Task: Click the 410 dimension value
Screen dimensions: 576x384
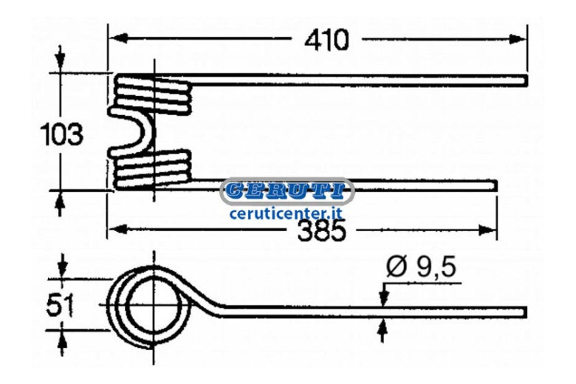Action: click(326, 40)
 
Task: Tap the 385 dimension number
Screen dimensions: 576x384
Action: click(322, 231)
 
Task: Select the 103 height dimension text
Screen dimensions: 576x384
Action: click(62, 134)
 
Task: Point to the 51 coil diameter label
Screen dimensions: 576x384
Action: click(60, 305)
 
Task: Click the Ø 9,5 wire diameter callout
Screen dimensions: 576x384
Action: click(421, 267)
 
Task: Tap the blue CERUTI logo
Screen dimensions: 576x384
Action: click(287, 191)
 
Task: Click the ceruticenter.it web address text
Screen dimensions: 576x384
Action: click(286, 213)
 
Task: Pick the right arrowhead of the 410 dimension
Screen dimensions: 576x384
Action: click(518, 39)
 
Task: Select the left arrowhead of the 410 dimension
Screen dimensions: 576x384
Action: click(117, 38)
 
